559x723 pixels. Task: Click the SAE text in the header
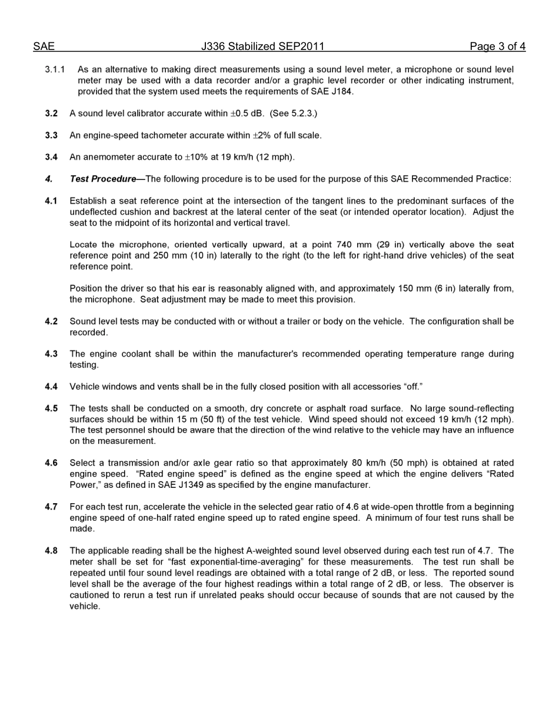point(44,46)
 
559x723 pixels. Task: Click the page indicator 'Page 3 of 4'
point(497,46)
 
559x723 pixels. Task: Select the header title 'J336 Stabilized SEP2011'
point(262,46)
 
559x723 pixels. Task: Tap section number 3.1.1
point(55,69)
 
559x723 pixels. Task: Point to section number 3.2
point(51,113)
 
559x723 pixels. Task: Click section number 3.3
point(51,135)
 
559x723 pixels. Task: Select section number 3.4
point(51,157)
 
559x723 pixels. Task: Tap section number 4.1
point(51,201)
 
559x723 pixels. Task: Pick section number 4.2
point(51,322)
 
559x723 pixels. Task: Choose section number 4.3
point(51,354)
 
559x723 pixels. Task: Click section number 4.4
point(51,387)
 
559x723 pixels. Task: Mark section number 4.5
point(51,409)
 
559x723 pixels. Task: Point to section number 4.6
point(51,463)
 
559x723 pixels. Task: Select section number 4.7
point(51,507)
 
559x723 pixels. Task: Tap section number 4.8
point(51,551)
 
